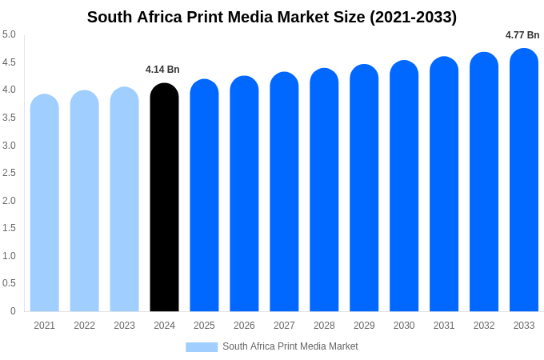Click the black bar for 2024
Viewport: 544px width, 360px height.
click(164, 200)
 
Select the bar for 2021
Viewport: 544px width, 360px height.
click(45, 204)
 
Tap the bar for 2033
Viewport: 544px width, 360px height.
click(524, 180)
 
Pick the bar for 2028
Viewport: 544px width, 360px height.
click(324, 192)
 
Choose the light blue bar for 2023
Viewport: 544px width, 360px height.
click(124, 200)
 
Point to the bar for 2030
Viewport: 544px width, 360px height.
click(404, 188)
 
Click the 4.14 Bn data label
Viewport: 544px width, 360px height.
click(162, 70)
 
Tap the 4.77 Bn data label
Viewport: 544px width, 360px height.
click(522, 35)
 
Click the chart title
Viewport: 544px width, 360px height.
click(272, 17)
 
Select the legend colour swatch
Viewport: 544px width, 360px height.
click(202, 346)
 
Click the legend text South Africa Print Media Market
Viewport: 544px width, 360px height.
click(290, 346)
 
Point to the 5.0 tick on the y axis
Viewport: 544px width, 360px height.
click(9, 34)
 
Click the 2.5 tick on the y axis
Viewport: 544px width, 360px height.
click(9, 173)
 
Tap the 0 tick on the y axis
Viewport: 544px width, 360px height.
click(13, 311)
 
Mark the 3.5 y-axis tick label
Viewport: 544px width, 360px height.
click(9, 118)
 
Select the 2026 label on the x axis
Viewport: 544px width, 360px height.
click(244, 326)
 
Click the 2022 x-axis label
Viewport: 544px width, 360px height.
click(84, 326)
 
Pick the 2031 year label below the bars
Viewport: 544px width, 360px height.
click(444, 326)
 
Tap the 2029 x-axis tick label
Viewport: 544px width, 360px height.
click(364, 326)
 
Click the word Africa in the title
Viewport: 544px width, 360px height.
click(165, 17)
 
